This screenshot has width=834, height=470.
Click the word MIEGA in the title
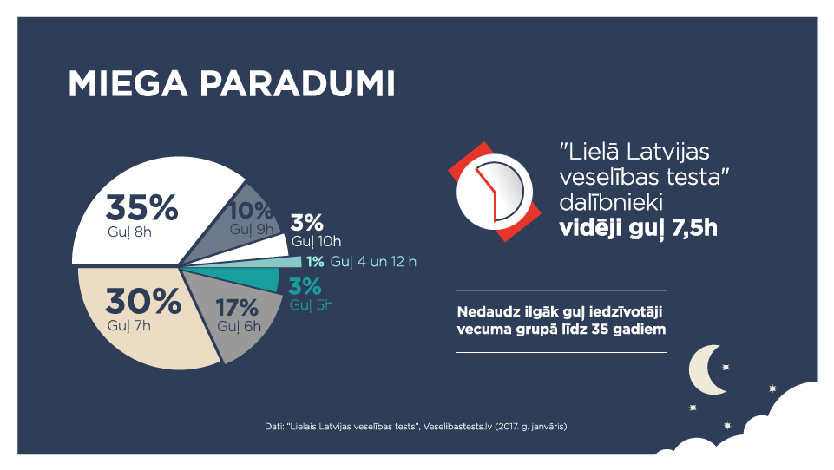(x=128, y=84)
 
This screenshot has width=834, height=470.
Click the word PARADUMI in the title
(x=298, y=84)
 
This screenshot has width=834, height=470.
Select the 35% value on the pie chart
(x=141, y=207)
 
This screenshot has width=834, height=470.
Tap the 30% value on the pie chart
(x=143, y=301)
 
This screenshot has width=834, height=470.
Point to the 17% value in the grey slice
(x=237, y=308)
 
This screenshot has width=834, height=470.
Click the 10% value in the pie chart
(x=250, y=211)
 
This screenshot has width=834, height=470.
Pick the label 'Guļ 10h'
(x=317, y=241)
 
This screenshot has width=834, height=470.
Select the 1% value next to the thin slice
(x=315, y=262)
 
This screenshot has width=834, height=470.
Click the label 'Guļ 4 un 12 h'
(x=373, y=262)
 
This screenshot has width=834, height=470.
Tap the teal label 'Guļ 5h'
(x=312, y=305)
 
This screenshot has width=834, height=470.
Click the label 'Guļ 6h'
(x=239, y=326)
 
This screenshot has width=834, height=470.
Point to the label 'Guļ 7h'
(x=129, y=325)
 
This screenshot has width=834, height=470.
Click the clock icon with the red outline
(x=494, y=192)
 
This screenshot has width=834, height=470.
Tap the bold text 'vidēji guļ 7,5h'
(x=638, y=227)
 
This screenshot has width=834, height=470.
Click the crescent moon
(x=706, y=370)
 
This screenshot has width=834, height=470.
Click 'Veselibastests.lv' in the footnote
(x=458, y=427)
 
